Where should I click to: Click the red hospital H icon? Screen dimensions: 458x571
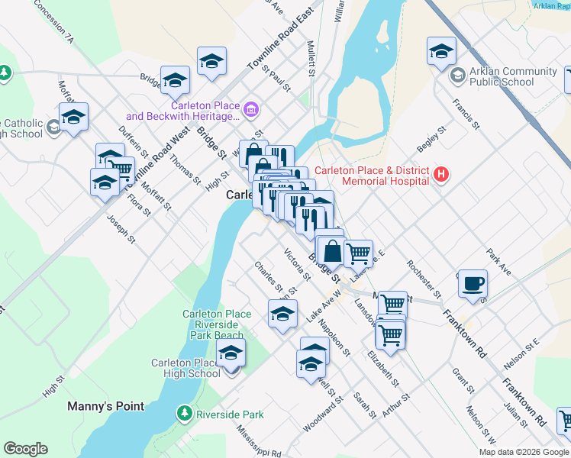click(440, 175)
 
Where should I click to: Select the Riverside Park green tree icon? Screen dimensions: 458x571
click(184, 414)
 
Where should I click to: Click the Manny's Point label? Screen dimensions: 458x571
click(105, 406)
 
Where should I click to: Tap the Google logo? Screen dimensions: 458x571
click(25, 449)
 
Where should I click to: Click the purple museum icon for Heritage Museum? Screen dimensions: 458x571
click(250, 111)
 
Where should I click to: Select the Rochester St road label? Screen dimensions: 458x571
click(424, 278)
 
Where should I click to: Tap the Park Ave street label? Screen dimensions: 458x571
click(498, 260)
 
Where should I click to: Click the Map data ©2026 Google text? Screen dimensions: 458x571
click(524, 451)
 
